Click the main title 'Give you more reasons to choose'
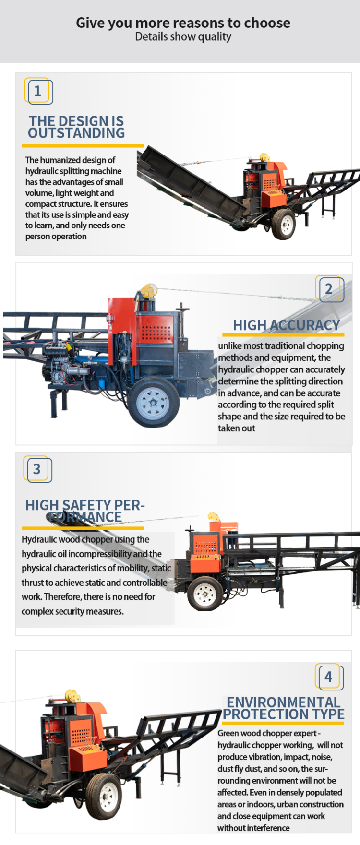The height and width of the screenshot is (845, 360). (x=183, y=23)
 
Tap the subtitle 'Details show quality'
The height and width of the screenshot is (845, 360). (x=183, y=37)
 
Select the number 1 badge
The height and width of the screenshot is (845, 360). (x=38, y=91)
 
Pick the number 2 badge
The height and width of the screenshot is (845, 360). (x=329, y=289)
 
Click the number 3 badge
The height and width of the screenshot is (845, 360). (x=37, y=469)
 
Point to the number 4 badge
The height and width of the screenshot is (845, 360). (x=329, y=677)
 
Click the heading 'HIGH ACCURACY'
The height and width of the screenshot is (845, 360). (x=286, y=325)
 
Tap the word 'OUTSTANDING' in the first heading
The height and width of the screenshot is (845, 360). (x=76, y=133)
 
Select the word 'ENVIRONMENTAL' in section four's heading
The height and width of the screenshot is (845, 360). (x=283, y=702)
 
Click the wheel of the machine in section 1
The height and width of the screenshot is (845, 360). (x=284, y=223)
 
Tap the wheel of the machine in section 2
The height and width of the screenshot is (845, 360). (x=154, y=402)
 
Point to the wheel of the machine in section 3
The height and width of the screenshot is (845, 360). (x=205, y=594)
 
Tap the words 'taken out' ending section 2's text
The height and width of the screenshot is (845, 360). (x=237, y=428)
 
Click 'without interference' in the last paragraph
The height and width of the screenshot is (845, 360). (x=253, y=828)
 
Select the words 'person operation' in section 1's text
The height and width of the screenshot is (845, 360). (x=56, y=237)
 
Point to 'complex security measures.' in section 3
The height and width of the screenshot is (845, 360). (x=72, y=611)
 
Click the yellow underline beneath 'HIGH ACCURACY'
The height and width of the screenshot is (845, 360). (x=283, y=335)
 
